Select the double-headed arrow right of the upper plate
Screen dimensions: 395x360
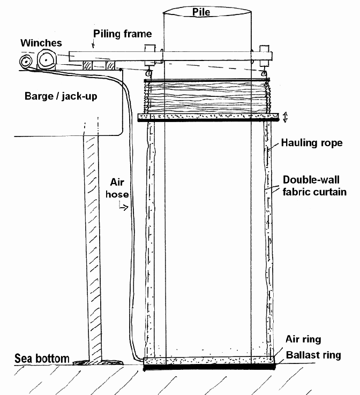[286, 117]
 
